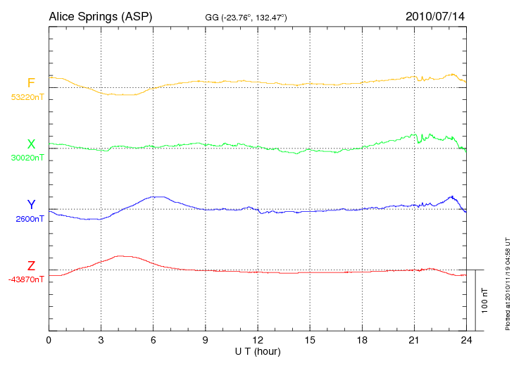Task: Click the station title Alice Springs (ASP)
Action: point(100,16)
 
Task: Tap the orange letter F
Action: point(31,84)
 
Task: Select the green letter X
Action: point(31,144)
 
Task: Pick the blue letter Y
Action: point(31,205)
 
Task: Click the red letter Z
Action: point(31,266)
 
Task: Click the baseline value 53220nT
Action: point(27,97)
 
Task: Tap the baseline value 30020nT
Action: point(27,158)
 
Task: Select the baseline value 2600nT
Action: point(30,219)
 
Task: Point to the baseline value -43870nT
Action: point(27,279)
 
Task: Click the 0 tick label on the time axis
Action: point(49,340)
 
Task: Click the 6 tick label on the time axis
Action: point(153,340)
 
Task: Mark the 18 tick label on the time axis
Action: point(362,340)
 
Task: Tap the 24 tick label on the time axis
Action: point(466,340)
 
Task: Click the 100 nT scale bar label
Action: point(484,300)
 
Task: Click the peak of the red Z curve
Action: point(121,256)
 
